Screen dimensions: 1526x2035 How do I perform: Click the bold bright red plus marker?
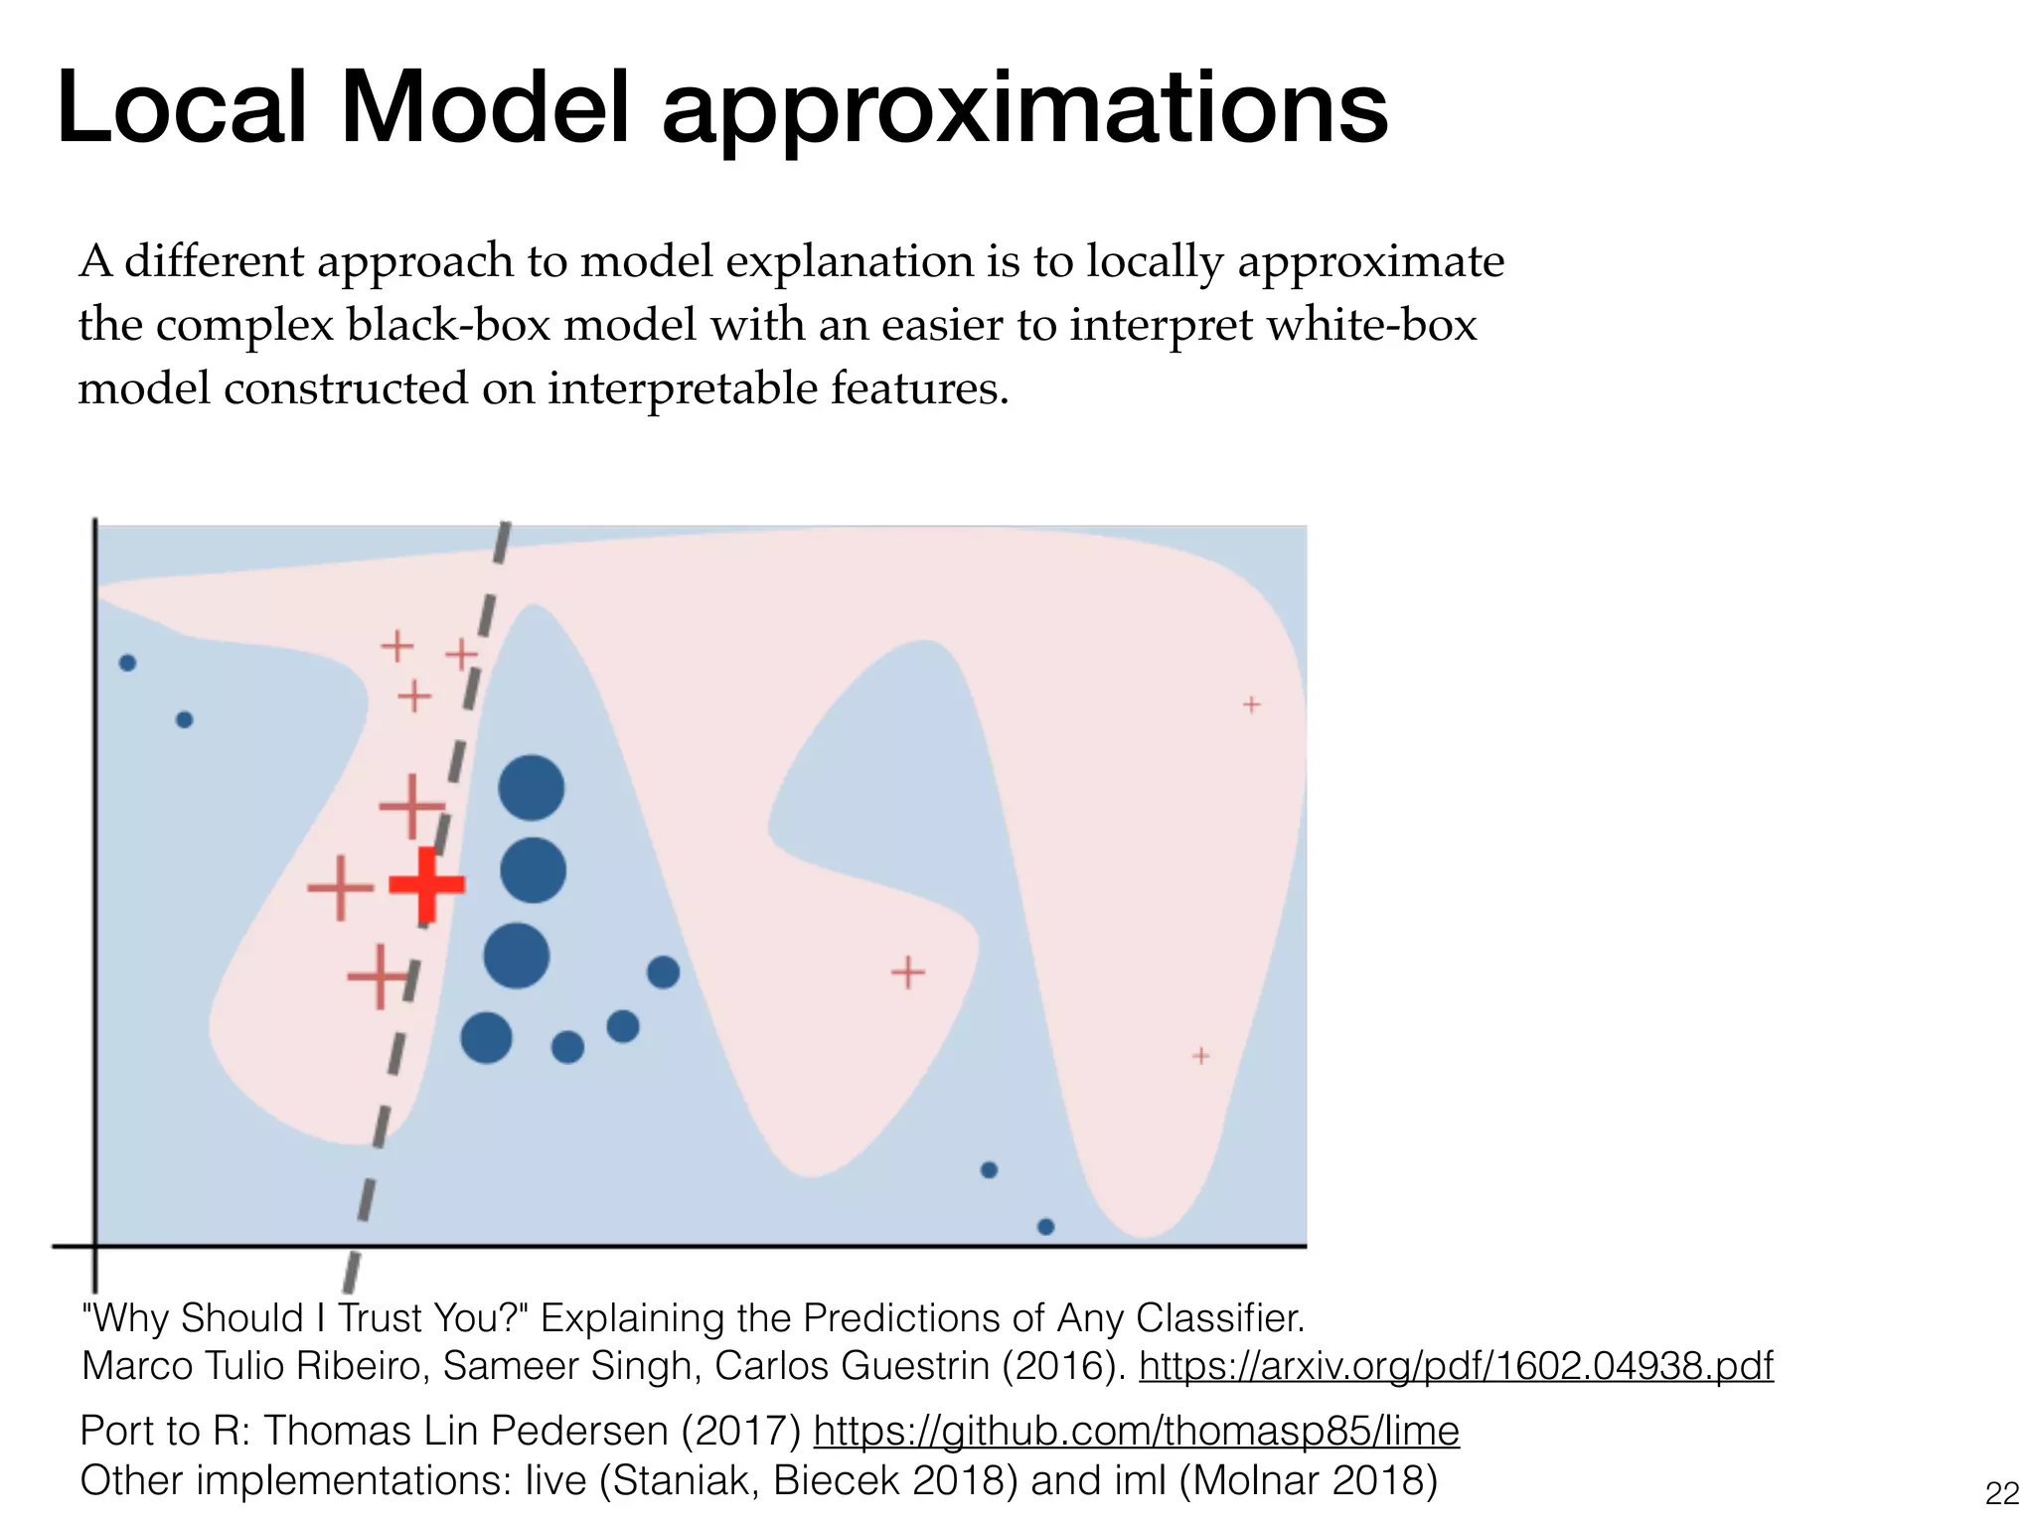click(426, 883)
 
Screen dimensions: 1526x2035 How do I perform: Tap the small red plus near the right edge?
click(1251, 704)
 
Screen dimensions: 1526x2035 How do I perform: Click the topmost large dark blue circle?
click(531, 788)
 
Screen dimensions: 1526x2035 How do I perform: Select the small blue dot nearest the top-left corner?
click(127, 663)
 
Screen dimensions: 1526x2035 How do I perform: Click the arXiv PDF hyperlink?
click(1456, 1366)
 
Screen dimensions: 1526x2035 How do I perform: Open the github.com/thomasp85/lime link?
click(1136, 1432)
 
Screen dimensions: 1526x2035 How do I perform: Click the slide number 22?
click(2001, 1493)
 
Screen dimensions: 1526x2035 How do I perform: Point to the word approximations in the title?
click(1024, 111)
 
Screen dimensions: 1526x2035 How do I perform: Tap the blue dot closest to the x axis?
click(1045, 1226)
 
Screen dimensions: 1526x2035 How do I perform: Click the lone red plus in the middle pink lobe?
click(907, 972)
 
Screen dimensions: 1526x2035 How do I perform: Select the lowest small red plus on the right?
click(1200, 1055)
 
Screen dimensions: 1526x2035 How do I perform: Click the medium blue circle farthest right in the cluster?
click(663, 972)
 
